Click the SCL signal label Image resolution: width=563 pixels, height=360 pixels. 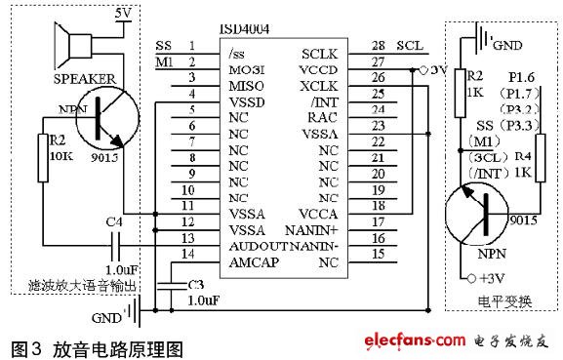[413, 45]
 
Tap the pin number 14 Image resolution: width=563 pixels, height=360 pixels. [191, 253]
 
